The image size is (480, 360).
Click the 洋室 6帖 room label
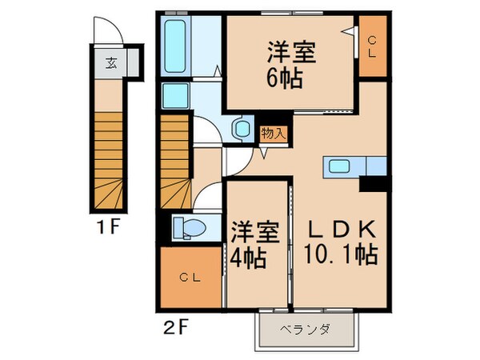pos(291,64)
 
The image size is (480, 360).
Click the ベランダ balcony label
pos(305,330)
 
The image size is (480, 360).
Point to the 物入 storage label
pos(273,134)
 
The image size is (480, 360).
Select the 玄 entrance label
pos(110,63)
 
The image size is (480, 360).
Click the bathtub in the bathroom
pos(175,46)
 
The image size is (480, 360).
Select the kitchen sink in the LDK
pos(338,166)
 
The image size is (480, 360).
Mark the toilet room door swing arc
pos(205,194)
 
